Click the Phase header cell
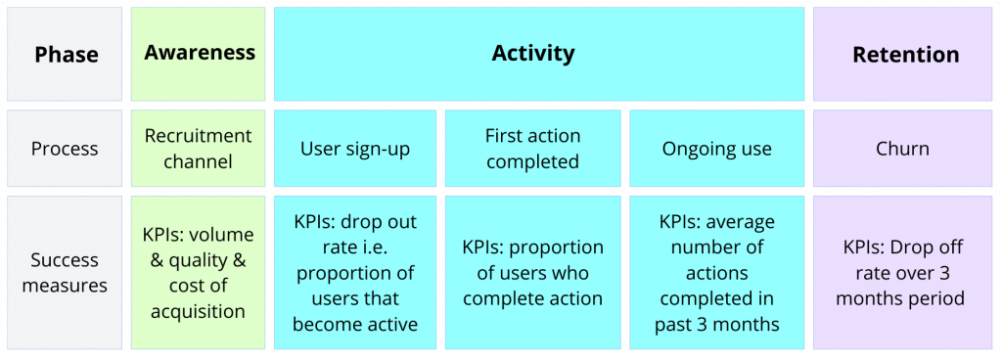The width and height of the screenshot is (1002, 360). [65, 54]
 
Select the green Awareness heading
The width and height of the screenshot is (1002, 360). [200, 53]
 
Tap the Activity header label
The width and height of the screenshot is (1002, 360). [533, 53]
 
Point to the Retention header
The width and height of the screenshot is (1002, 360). [905, 54]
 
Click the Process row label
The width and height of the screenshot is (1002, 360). [65, 149]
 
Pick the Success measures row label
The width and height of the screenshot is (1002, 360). [65, 273]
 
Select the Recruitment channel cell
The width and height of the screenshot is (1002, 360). [198, 149]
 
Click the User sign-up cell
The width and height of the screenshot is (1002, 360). [355, 149]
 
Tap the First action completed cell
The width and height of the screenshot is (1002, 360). [533, 149]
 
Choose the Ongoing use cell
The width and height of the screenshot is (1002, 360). [716, 149]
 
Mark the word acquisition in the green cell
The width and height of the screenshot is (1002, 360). [198, 311]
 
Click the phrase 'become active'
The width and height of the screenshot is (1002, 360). [355, 324]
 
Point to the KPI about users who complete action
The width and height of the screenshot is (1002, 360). [533, 273]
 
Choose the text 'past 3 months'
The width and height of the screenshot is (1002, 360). [717, 324]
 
